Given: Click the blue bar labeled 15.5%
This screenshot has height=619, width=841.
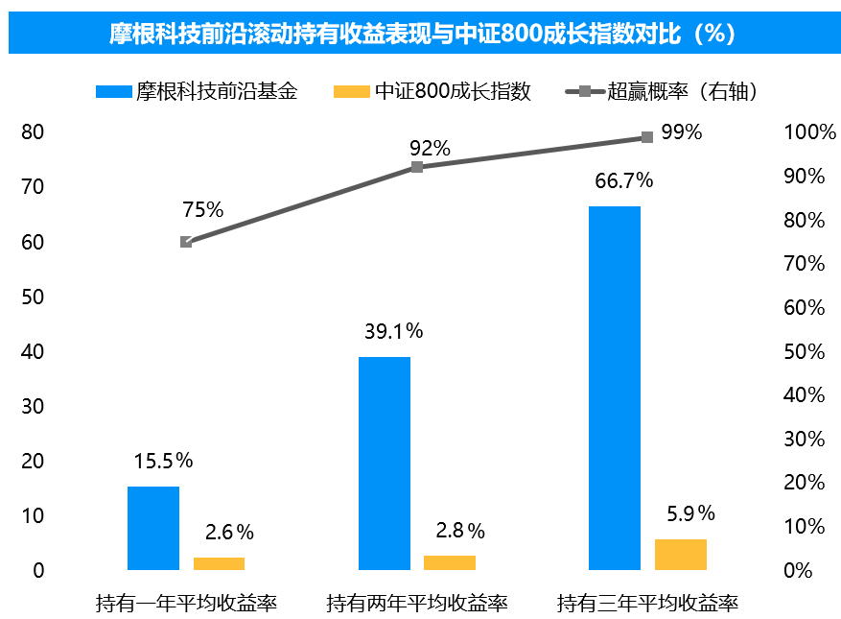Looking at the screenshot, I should [153, 528].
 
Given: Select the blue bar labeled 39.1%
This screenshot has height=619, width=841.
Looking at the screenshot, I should [385, 464].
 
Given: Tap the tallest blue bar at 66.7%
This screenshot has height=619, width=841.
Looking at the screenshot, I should [615, 388].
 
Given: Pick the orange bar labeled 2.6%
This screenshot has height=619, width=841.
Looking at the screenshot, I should [219, 563].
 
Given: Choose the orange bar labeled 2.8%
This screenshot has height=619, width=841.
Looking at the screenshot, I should [450, 562].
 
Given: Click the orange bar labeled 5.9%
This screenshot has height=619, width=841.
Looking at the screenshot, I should [681, 554].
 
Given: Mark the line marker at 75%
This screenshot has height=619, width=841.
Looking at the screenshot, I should [186, 242].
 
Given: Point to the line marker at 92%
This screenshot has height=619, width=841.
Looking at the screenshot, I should [417, 167].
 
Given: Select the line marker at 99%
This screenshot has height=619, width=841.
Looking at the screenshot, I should [647, 137].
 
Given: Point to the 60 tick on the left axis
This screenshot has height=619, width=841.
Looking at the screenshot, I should [34, 242].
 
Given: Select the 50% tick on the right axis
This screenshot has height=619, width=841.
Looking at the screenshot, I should [804, 351].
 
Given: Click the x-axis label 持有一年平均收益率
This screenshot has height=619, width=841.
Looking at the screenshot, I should [186, 604].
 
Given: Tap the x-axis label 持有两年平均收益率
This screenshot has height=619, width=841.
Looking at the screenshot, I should [417, 604].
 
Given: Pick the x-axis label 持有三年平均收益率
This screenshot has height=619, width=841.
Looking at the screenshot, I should [647, 604].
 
